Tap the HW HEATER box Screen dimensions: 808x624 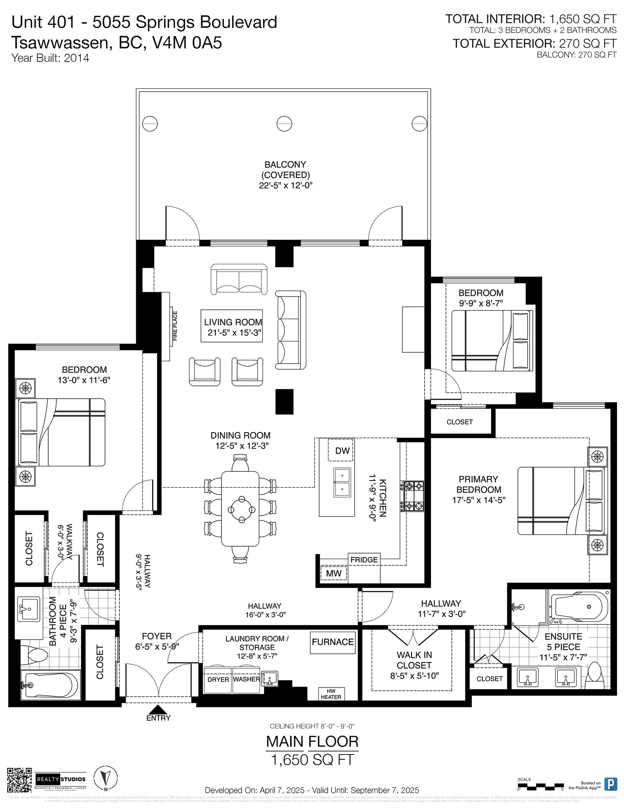pyautogui.click(x=331, y=694)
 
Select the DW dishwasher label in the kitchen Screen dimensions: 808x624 pyautogui.click(x=342, y=451)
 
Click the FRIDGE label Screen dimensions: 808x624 pyautogui.click(x=364, y=560)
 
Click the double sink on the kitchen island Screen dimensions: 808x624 pyautogui.click(x=342, y=483)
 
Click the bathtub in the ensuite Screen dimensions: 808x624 pyautogui.click(x=579, y=607)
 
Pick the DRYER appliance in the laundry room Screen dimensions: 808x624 pyautogui.click(x=218, y=680)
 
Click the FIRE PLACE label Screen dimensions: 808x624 pyautogui.click(x=175, y=325)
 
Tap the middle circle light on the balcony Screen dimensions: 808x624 pyautogui.click(x=284, y=123)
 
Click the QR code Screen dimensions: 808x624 pyautogui.click(x=19, y=781)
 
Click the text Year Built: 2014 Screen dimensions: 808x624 pyautogui.click(x=50, y=58)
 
